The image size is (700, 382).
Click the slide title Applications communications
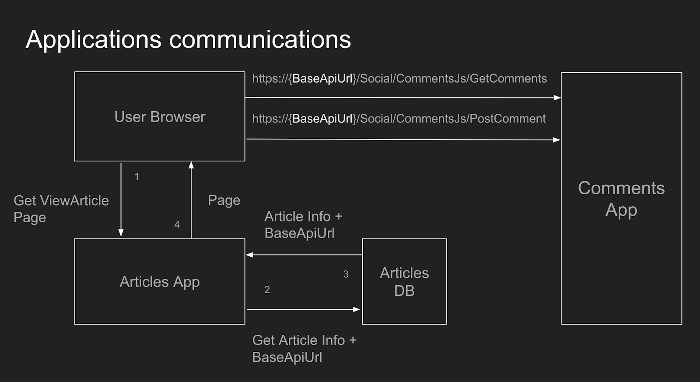[x=188, y=39]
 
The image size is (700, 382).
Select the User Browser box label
[x=160, y=117]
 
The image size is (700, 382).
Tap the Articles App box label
[x=160, y=282]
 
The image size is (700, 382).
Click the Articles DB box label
[x=404, y=281]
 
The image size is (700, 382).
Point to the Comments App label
[x=621, y=199]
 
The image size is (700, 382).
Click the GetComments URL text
[x=399, y=79]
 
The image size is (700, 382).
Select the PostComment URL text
[x=399, y=119]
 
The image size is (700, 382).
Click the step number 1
[x=136, y=176]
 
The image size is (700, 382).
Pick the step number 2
[x=267, y=290]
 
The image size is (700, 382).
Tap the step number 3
[x=346, y=274]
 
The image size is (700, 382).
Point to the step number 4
[x=177, y=225]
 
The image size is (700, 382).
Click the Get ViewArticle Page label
[x=61, y=209]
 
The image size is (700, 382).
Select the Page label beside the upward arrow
[x=224, y=200]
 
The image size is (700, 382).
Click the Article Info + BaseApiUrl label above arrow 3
[x=303, y=224]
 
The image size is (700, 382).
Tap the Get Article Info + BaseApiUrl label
[x=304, y=348]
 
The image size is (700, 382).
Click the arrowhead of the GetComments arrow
[x=557, y=98]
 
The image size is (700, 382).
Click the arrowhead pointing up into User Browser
[x=191, y=165]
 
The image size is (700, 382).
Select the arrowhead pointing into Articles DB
[x=357, y=309]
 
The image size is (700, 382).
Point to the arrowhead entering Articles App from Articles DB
[x=249, y=255]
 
